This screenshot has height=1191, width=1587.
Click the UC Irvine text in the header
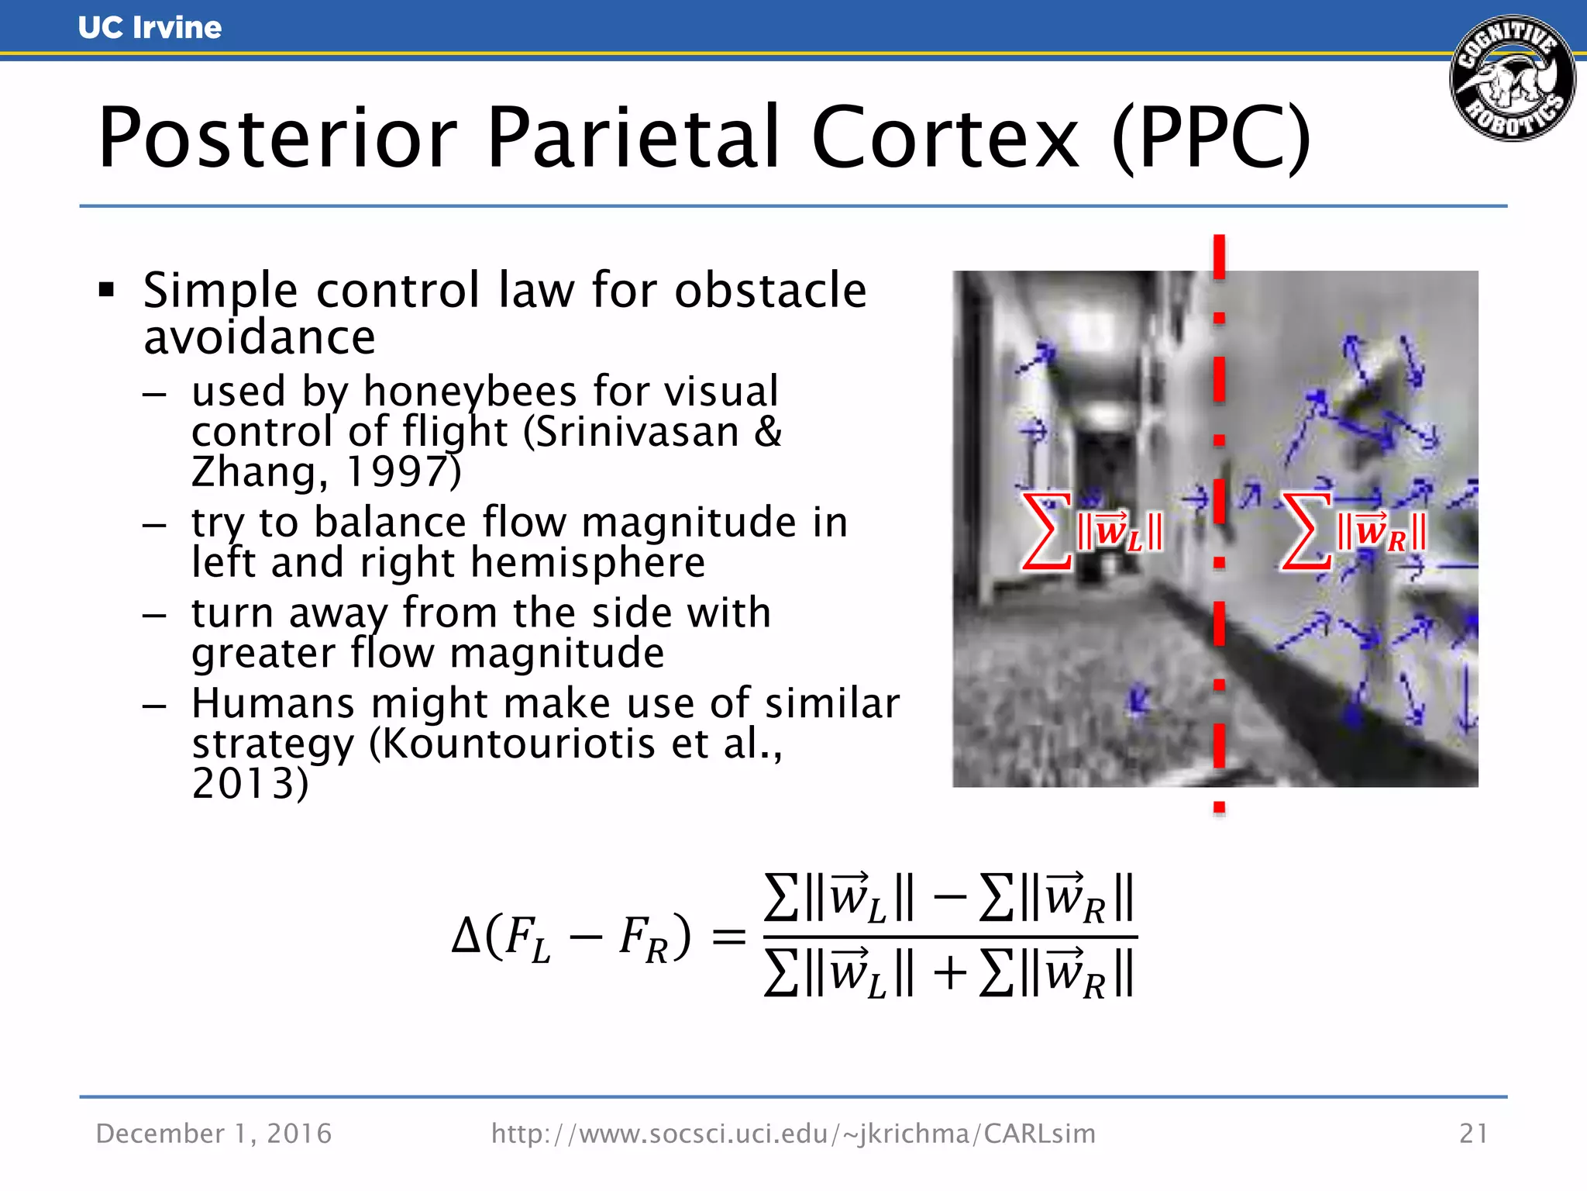click(x=150, y=28)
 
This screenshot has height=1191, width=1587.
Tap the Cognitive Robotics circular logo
click(x=1512, y=78)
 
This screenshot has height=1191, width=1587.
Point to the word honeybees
click(x=470, y=392)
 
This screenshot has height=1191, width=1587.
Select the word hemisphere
click(x=588, y=562)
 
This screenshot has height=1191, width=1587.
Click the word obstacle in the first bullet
click(x=770, y=291)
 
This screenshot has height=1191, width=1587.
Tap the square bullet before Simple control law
click(x=107, y=291)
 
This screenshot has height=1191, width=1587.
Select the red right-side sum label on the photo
click(x=1353, y=531)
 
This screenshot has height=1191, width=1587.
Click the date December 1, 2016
click(x=214, y=1134)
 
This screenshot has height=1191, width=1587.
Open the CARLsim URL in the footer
click(x=793, y=1134)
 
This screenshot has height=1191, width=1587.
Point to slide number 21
click(x=1473, y=1134)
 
